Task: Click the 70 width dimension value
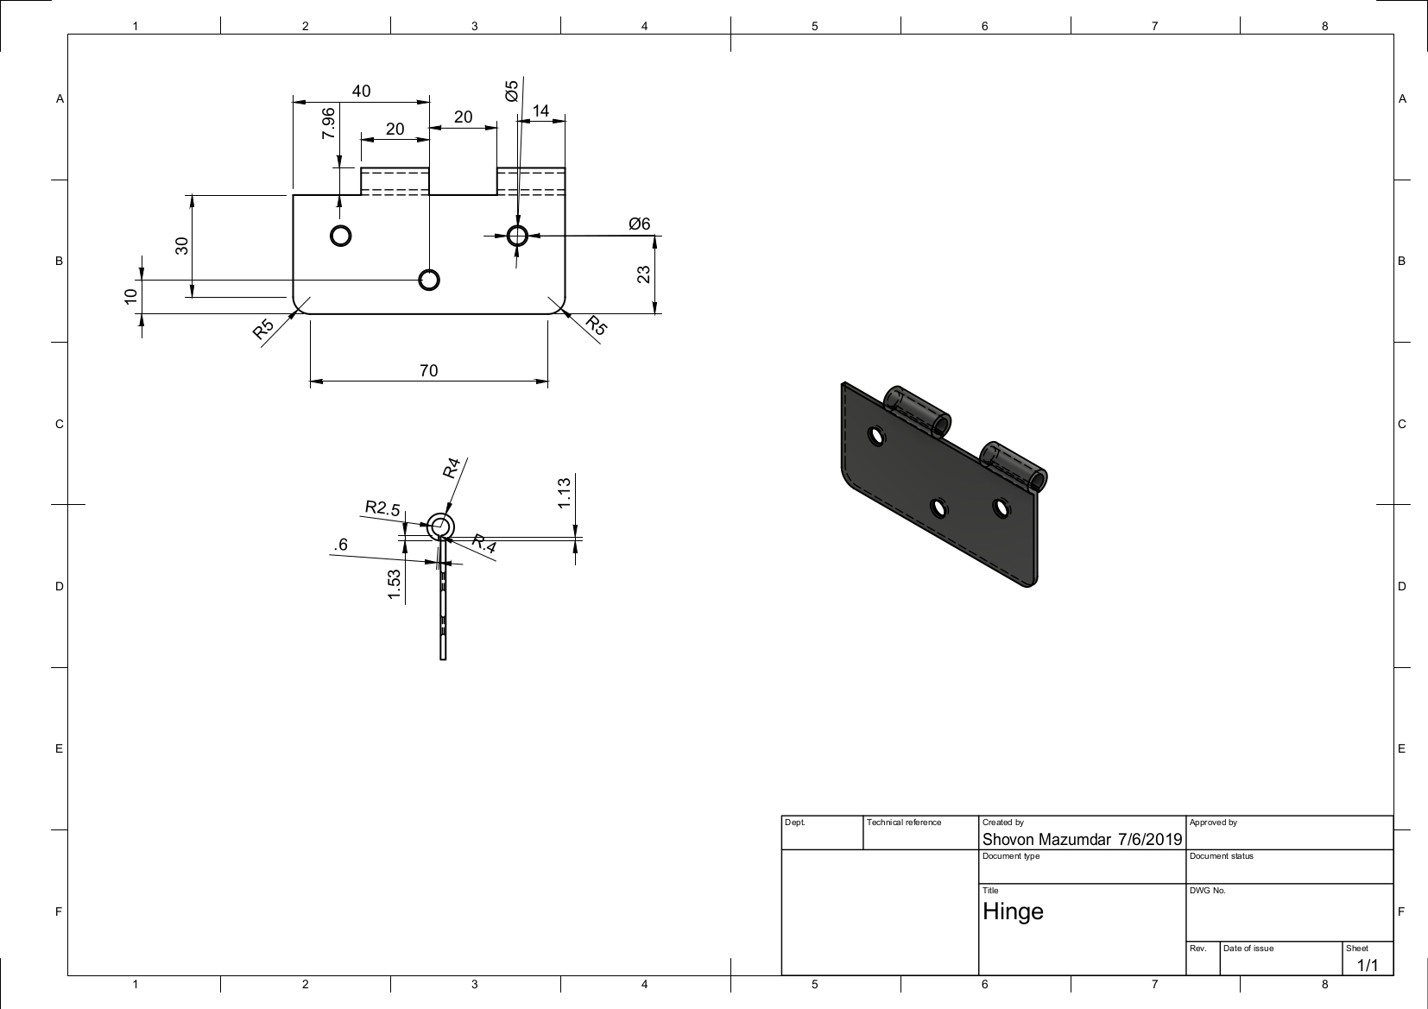pos(428,370)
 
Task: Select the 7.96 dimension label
pos(328,124)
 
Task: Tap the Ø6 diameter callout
pos(639,224)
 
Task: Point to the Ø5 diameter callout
pos(512,91)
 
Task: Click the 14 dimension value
pos(540,110)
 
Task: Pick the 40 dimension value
pos(361,91)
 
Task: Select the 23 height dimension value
pos(643,274)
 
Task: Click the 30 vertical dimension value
pos(181,245)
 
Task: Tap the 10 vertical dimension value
pos(130,295)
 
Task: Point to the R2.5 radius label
pos(382,508)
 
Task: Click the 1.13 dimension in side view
pos(564,492)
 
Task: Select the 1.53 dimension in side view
pos(395,584)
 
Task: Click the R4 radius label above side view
pos(452,468)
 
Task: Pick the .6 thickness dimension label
pos(341,544)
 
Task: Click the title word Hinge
pos(1013,911)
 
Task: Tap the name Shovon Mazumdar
pos(1046,839)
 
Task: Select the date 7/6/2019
pos(1149,839)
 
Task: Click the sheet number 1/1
pos(1368,965)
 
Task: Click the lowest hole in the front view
pos(428,280)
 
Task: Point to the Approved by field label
pos(1213,823)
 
